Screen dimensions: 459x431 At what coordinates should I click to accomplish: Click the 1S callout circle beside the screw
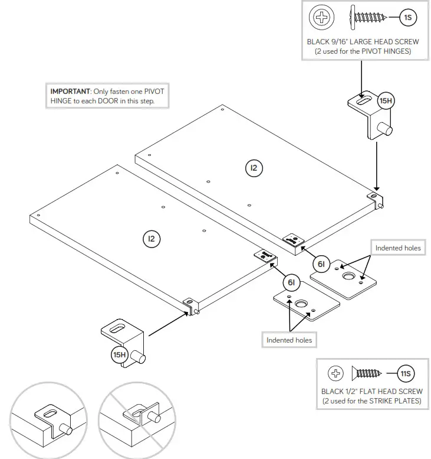click(x=408, y=18)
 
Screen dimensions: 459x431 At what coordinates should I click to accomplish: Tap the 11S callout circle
click(x=404, y=373)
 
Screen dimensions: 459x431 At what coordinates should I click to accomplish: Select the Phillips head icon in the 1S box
click(x=322, y=18)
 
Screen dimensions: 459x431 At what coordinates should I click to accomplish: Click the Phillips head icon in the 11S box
click(x=335, y=373)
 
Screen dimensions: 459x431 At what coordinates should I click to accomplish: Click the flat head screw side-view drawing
click(x=366, y=373)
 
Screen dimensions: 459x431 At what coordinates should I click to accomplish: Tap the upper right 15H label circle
click(x=385, y=101)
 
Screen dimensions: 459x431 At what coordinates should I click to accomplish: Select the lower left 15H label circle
click(x=120, y=354)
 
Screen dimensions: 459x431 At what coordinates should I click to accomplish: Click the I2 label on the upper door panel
click(x=254, y=168)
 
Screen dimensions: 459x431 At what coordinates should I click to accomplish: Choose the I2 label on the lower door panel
click(x=152, y=239)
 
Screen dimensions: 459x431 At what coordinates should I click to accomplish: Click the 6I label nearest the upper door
click(x=321, y=265)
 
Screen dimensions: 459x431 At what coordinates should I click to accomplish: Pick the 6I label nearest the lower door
click(x=291, y=283)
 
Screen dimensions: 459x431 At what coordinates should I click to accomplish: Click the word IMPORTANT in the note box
click(x=70, y=92)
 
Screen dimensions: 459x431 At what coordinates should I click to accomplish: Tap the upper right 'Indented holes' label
click(x=398, y=248)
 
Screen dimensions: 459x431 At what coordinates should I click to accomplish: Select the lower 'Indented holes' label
click(x=289, y=340)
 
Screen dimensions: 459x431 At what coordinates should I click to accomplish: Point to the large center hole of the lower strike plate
click(x=302, y=305)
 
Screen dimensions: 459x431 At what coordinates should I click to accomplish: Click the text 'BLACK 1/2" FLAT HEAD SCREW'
click(x=371, y=391)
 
